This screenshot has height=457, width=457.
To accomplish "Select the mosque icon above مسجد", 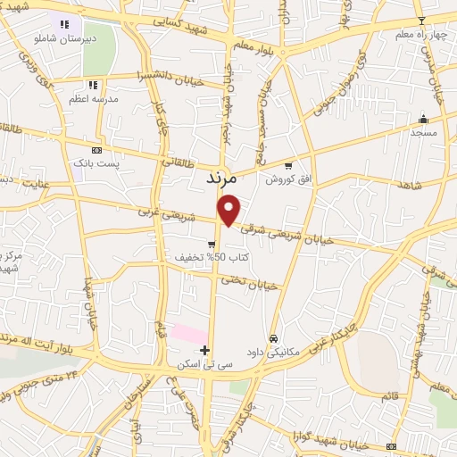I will [x=423, y=119].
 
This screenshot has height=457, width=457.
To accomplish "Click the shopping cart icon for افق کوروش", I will [x=287, y=165].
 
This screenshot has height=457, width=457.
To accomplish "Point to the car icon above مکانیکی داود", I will [x=273, y=338].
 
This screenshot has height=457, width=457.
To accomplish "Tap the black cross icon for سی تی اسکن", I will [x=205, y=349].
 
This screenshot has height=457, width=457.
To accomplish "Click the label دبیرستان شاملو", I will [x=64, y=40].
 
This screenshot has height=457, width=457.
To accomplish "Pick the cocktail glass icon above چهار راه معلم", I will [x=421, y=21].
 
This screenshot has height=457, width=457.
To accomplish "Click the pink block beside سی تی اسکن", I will [x=188, y=333].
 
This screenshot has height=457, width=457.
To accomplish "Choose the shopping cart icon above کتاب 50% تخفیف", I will [x=212, y=244].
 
